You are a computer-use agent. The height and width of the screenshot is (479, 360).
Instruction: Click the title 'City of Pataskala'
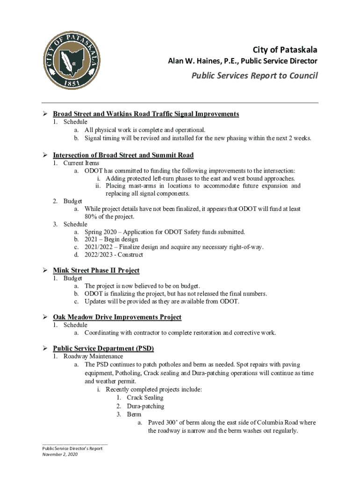(285, 50)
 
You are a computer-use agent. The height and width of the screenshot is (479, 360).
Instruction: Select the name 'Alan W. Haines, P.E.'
(203, 61)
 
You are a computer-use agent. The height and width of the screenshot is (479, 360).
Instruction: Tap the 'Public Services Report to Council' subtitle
(254, 76)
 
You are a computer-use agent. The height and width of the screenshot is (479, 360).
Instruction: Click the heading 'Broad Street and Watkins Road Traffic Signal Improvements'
(146, 114)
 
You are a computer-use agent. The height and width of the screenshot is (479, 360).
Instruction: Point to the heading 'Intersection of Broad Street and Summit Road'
(123, 155)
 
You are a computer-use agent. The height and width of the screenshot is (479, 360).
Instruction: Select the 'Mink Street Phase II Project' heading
(96, 270)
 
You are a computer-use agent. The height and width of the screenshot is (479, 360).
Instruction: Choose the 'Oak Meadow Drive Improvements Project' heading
(117, 317)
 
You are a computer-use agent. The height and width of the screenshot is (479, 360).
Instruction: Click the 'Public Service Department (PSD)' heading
(103, 348)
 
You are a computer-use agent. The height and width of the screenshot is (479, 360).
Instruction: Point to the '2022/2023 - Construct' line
(114, 255)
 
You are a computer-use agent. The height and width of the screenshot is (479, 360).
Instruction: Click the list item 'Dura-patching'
(145, 406)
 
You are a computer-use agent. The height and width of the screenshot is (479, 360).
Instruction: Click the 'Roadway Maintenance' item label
(93, 356)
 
